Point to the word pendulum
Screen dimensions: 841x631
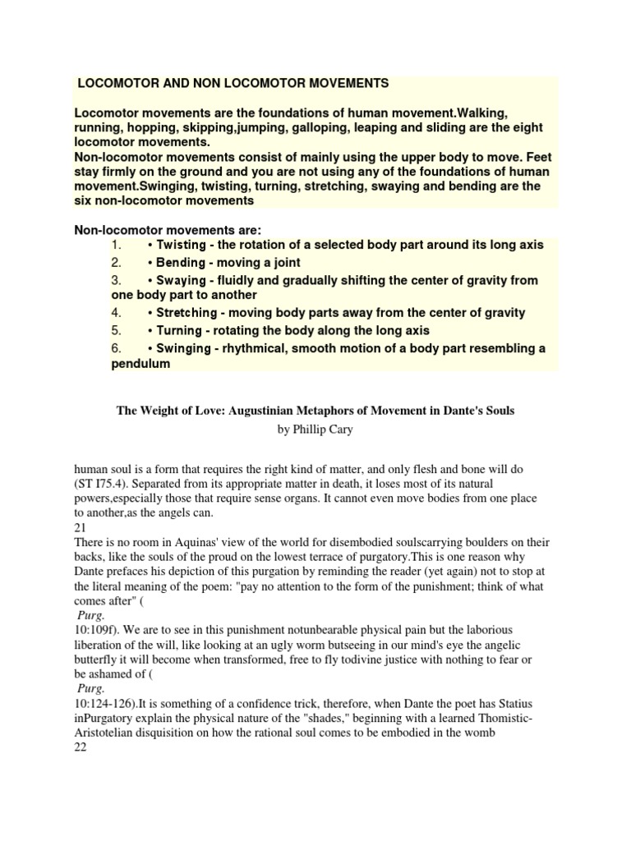tap(140, 364)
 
